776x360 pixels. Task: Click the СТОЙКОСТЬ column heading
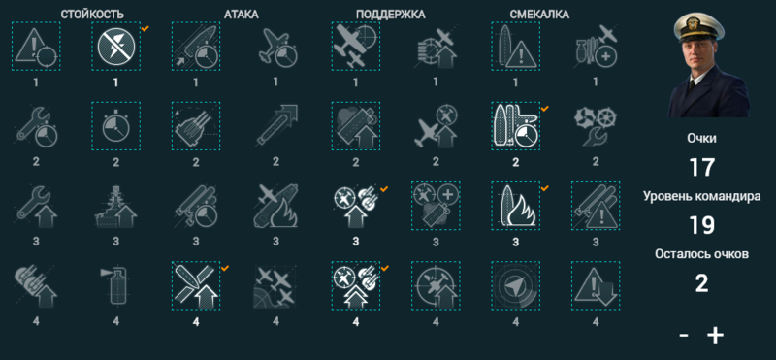click(92, 15)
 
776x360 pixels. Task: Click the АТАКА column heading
click(242, 15)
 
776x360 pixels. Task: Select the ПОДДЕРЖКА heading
click(391, 15)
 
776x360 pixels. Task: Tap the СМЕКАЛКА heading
click(539, 15)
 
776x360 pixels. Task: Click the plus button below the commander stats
click(715, 336)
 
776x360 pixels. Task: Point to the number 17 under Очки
click(701, 167)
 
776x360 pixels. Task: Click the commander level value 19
click(701, 225)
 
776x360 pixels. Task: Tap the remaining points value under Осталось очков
click(701, 283)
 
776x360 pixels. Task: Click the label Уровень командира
click(701, 196)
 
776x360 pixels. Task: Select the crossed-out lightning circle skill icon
click(115, 46)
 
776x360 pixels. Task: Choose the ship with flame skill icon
click(516, 206)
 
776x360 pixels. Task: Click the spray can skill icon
click(115, 285)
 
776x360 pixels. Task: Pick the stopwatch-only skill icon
click(115, 126)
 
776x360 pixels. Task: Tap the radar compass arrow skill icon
click(516, 285)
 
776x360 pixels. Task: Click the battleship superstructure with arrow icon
click(115, 206)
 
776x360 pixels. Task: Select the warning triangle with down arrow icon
click(596, 285)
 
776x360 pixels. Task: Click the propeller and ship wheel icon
click(596, 126)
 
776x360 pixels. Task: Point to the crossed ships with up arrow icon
click(196, 285)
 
